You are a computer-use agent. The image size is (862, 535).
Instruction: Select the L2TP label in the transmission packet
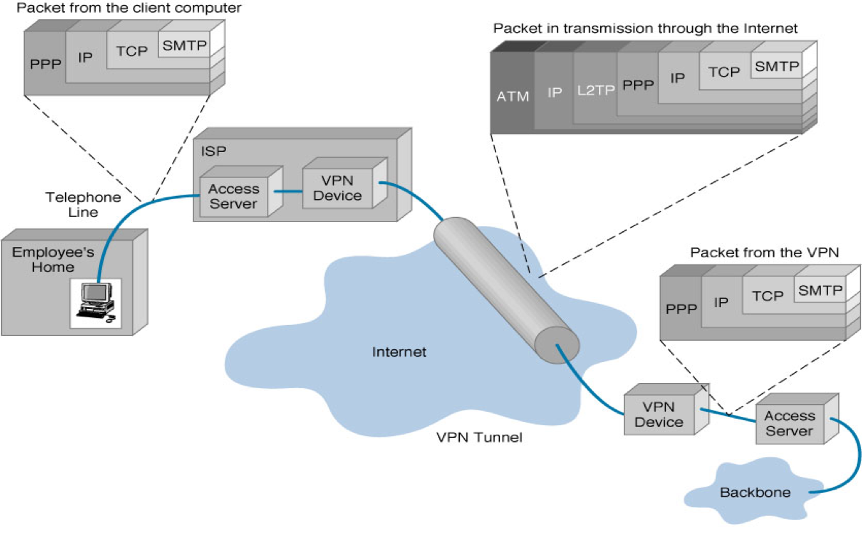tap(595, 91)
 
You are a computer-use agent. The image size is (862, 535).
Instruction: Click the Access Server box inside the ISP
tap(234, 196)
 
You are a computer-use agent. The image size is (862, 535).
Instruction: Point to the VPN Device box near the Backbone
tap(662, 414)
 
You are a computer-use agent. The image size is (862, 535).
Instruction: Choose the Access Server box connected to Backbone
tap(789, 423)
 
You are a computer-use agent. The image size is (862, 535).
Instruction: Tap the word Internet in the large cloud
tap(399, 352)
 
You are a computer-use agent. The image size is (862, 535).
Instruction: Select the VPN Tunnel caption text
tap(479, 438)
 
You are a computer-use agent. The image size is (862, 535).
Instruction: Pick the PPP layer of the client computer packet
tap(43, 65)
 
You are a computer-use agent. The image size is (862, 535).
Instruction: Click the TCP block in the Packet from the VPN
tap(767, 296)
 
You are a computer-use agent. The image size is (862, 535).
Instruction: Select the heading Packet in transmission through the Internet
tap(646, 29)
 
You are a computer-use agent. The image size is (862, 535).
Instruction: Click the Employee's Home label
tap(43, 259)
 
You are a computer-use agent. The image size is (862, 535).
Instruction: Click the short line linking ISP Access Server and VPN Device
tap(287, 191)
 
